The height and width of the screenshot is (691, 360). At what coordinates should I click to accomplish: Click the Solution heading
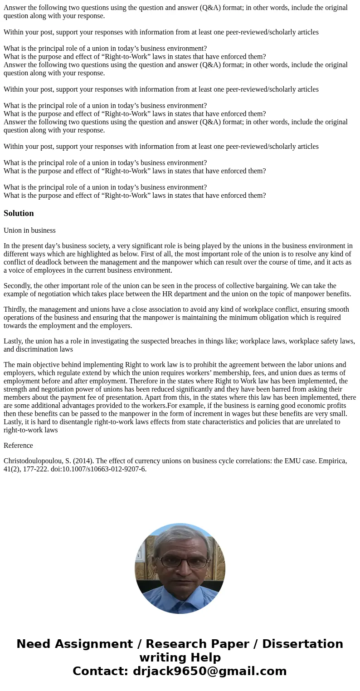click(x=19, y=213)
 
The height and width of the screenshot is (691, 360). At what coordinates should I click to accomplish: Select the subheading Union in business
click(x=29, y=230)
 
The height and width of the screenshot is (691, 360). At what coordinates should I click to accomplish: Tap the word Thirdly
click(x=15, y=309)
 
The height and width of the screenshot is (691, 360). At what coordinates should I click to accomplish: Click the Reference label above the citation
click(x=18, y=446)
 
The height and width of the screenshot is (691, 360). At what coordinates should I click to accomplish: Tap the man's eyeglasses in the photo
click(x=183, y=562)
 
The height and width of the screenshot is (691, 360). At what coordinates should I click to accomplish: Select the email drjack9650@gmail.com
click(x=209, y=671)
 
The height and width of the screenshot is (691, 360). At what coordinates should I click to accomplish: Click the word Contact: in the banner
click(x=101, y=671)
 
